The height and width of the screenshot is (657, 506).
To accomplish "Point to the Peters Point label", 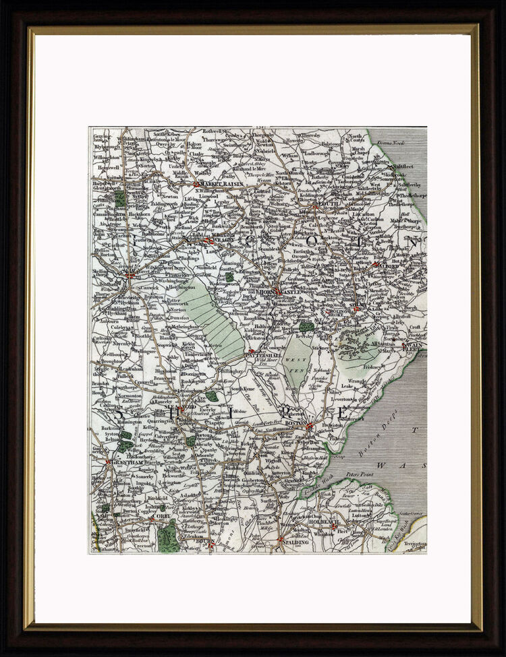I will click(x=360, y=474).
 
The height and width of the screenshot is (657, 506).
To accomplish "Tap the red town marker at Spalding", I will click(x=281, y=539).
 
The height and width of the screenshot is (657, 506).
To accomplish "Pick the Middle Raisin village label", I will click(x=182, y=172).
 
